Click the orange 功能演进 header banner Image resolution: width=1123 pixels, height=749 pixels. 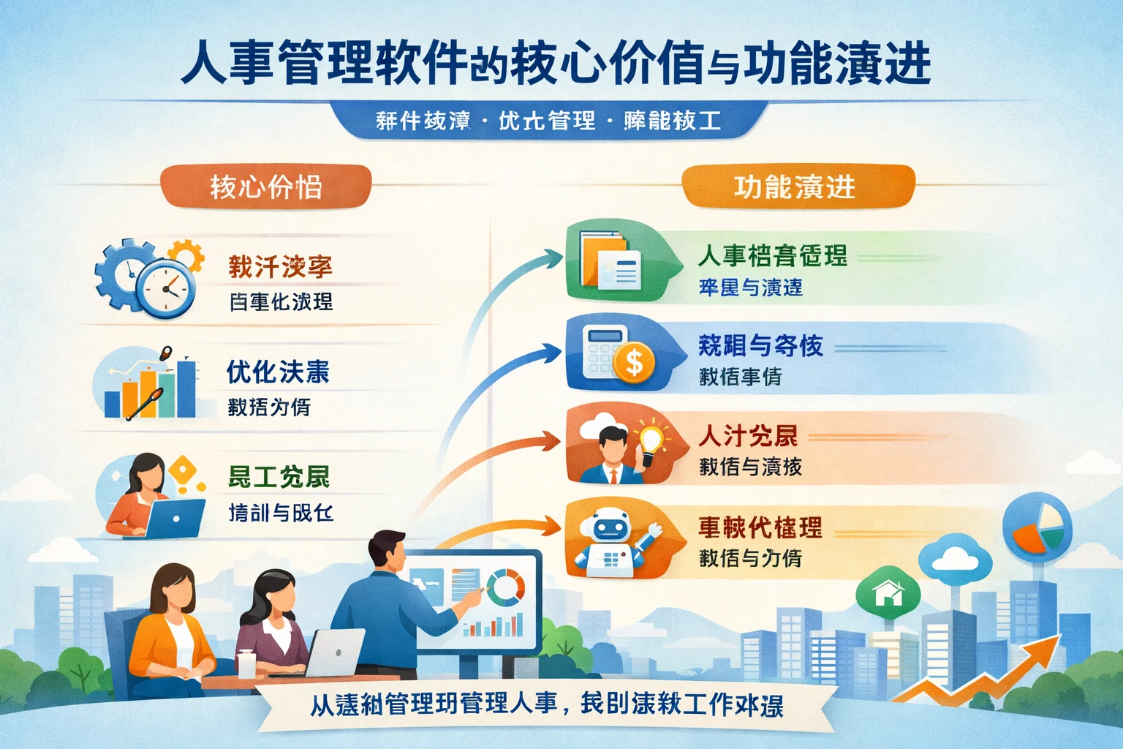click(798, 187)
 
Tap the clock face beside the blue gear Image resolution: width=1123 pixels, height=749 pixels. click(167, 288)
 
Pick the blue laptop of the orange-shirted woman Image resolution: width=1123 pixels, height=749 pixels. click(175, 519)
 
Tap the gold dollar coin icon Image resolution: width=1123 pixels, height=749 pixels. click(634, 361)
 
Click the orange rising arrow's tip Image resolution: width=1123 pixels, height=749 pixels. click(1056, 639)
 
